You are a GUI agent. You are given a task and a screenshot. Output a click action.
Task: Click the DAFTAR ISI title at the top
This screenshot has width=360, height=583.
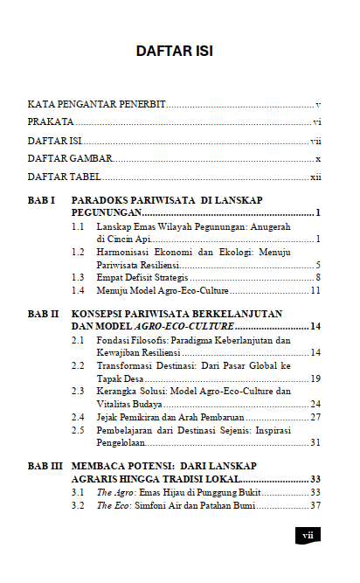174,52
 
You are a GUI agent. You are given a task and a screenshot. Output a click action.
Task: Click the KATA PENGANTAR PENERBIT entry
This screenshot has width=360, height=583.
97,103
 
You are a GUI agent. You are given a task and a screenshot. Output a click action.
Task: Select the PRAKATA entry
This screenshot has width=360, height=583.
50,121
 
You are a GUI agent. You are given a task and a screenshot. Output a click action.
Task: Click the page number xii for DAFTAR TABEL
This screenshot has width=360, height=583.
315,177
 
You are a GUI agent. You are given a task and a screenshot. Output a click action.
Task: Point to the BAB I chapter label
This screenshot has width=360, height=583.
42,200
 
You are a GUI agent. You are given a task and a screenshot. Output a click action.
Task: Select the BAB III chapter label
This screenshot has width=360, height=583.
45,468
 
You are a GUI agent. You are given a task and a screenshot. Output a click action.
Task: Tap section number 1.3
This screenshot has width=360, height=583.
78,277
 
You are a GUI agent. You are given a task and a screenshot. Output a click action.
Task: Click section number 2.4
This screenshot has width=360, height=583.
78,418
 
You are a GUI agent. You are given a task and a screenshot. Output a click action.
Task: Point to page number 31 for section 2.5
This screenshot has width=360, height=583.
315,443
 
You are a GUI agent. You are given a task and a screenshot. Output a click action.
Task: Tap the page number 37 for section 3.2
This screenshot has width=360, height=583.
315,505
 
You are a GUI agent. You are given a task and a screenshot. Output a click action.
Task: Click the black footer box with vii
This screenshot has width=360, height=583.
308,534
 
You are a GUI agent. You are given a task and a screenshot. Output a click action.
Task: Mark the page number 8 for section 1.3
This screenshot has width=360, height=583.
318,277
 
